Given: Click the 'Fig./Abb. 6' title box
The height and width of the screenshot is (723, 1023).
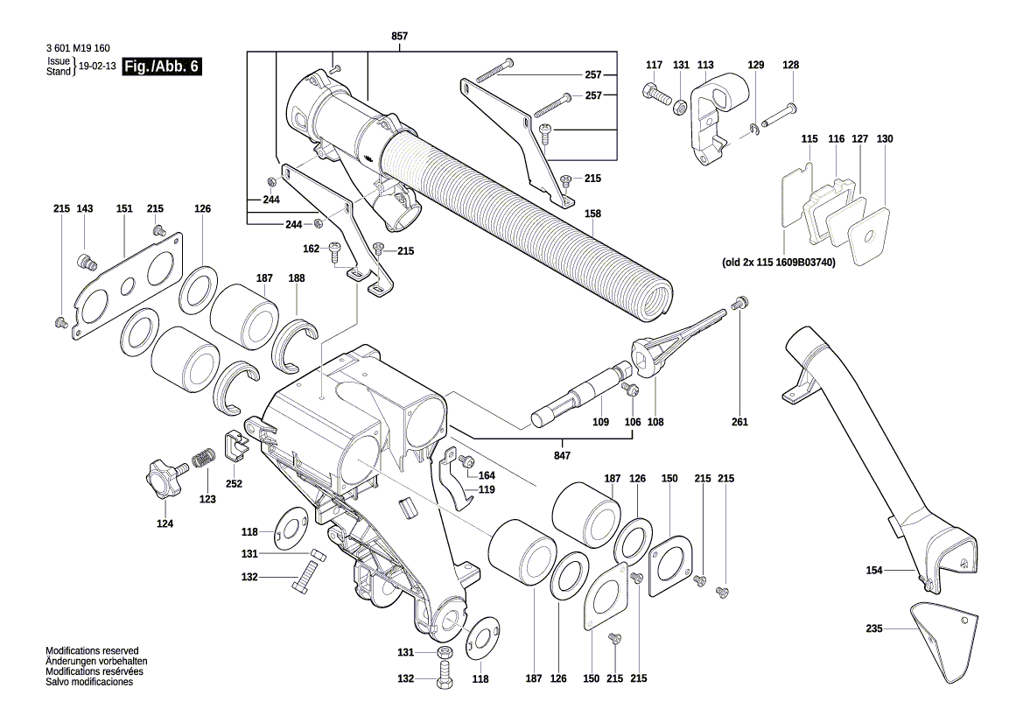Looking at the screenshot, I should (x=162, y=67).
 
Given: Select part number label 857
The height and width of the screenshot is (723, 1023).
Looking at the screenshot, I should (x=399, y=36).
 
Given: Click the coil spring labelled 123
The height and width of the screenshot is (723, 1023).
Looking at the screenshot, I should (x=204, y=458).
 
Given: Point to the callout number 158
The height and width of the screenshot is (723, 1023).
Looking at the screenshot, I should (x=593, y=213).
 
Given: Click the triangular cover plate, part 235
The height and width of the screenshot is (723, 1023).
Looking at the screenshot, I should (x=943, y=639).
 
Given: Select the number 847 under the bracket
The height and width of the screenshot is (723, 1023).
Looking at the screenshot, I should (x=562, y=456).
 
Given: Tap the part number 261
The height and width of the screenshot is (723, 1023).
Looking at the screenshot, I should (x=740, y=423).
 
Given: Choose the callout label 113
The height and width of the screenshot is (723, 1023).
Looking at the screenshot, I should (x=705, y=65).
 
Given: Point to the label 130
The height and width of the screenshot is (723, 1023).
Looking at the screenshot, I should (x=885, y=139).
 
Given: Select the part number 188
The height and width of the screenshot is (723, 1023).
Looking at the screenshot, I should (x=297, y=278).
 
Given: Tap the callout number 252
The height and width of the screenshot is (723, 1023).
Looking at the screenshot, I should (x=234, y=483).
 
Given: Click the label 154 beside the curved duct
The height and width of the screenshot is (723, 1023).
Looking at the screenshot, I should (x=874, y=571).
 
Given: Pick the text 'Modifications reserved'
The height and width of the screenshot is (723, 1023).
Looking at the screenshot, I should (x=92, y=651).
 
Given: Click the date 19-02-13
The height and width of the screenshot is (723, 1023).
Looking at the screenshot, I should (x=97, y=67).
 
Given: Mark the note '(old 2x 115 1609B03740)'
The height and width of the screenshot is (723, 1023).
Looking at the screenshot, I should (x=779, y=262).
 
